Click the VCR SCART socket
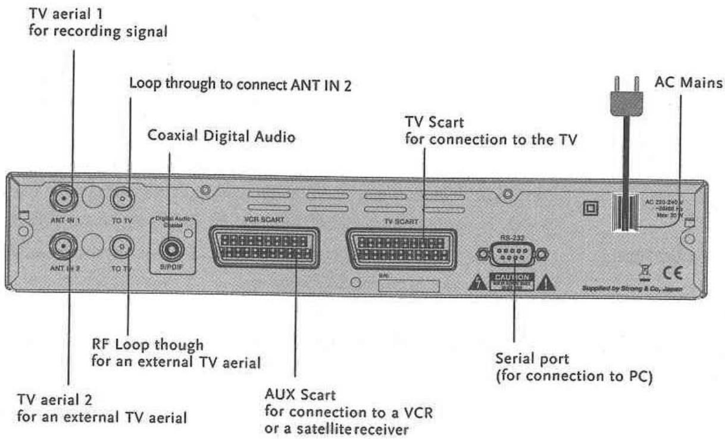point(262,250)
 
